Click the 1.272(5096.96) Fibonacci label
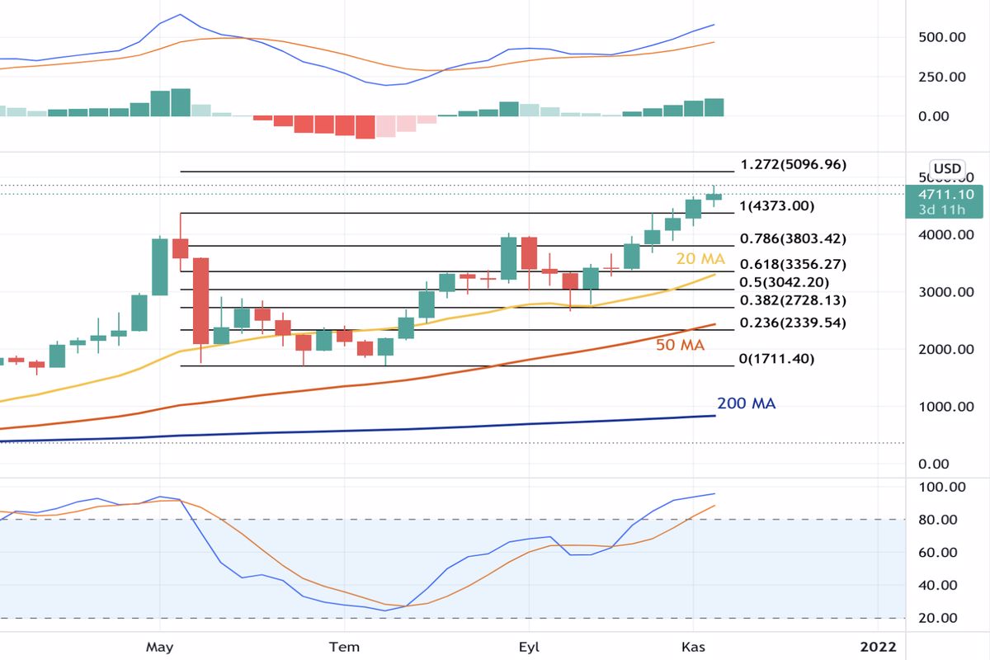click(794, 164)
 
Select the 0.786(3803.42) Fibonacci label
click(794, 239)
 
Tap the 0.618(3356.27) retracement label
click(794, 265)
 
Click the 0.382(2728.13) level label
click(794, 300)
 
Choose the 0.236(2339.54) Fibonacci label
click(794, 323)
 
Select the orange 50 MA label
click(680, 345)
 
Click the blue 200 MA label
click(746, 403)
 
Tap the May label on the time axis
click(160, 646)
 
